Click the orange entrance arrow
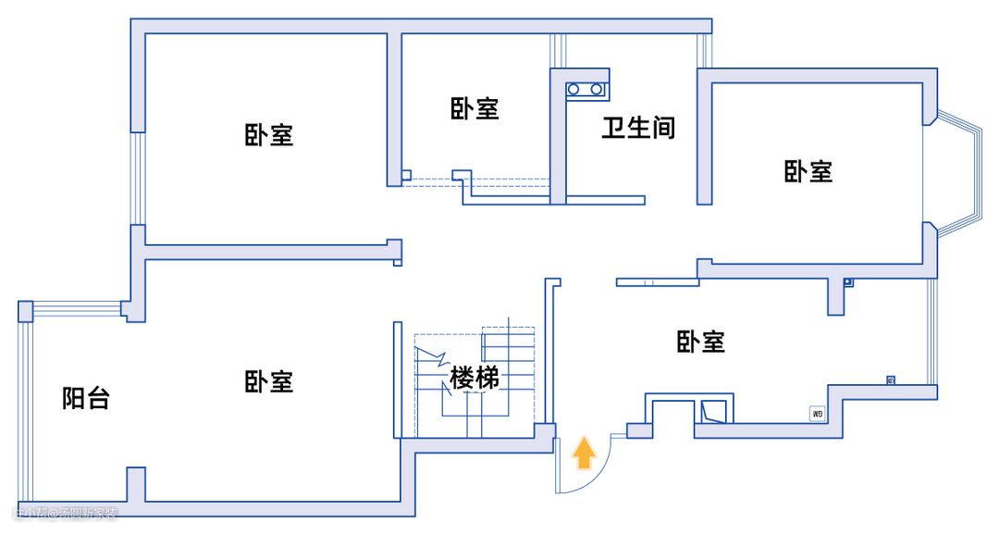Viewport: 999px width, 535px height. pos(584,453)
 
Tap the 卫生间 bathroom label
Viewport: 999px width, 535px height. pos(638,128)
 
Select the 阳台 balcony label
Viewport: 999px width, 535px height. pos(86,399)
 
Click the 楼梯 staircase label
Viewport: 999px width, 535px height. pos(475,378)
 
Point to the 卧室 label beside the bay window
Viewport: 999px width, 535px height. pos(808,171)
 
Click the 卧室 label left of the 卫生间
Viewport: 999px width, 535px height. pos(475,108)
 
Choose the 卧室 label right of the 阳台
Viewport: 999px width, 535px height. pos(269,381)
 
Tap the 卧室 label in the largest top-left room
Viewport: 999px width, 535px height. pos(269,135)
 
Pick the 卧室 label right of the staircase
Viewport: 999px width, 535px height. pos(700,342)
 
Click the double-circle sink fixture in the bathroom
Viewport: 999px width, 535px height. pos(585,89)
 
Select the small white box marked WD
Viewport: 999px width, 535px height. pos(818,414)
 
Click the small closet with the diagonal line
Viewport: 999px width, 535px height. pos(716,410)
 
